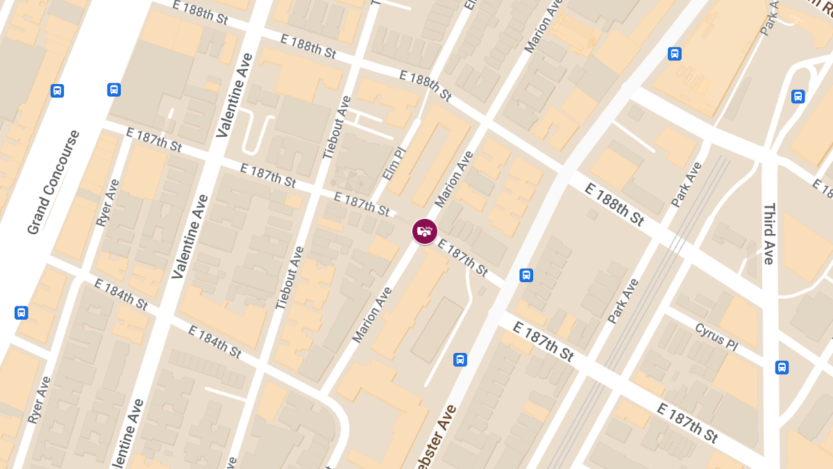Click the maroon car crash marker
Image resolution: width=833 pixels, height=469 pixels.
point(425,231)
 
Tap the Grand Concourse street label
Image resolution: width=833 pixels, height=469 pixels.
point(53,182)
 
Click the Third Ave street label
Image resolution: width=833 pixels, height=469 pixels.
point(768,234)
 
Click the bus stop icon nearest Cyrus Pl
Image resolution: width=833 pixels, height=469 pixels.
point(782,367)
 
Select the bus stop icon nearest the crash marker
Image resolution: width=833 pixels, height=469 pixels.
point(526,275)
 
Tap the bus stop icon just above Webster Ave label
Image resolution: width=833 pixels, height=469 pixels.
point(460,359)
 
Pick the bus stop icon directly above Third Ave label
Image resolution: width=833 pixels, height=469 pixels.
point(798,97)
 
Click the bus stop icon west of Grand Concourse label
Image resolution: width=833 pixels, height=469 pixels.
point(58,90)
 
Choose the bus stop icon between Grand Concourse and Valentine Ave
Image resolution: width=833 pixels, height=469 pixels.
point(114,90)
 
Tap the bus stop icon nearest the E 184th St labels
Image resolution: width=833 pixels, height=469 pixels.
point(22,313)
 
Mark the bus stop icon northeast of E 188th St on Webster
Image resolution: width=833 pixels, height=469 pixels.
point(674,54)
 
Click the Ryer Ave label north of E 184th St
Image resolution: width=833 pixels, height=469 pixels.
point(108,203)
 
